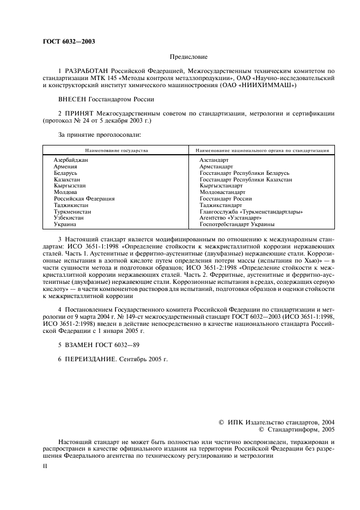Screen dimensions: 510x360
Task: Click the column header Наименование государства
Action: pos(116,150)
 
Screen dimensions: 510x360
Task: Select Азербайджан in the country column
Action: pos(71,160)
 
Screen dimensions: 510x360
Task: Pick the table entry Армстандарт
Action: pos(216,166)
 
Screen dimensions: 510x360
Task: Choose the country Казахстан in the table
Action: pos(67,179)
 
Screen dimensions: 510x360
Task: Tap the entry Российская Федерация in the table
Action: pos(84,198)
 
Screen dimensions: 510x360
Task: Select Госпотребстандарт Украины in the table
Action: pos(237,224)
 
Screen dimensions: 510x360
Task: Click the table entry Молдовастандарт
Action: pos(223,192)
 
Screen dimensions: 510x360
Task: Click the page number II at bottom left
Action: pos(46,466)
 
